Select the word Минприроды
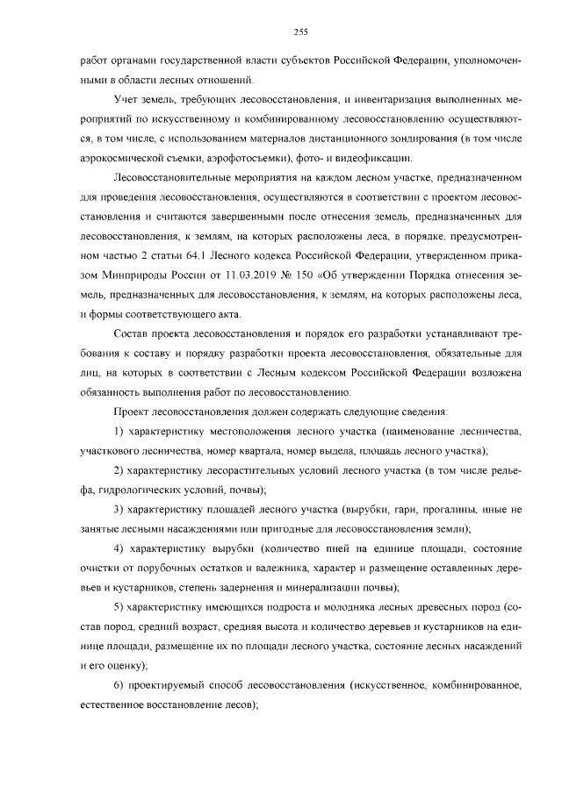pos(132,275)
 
